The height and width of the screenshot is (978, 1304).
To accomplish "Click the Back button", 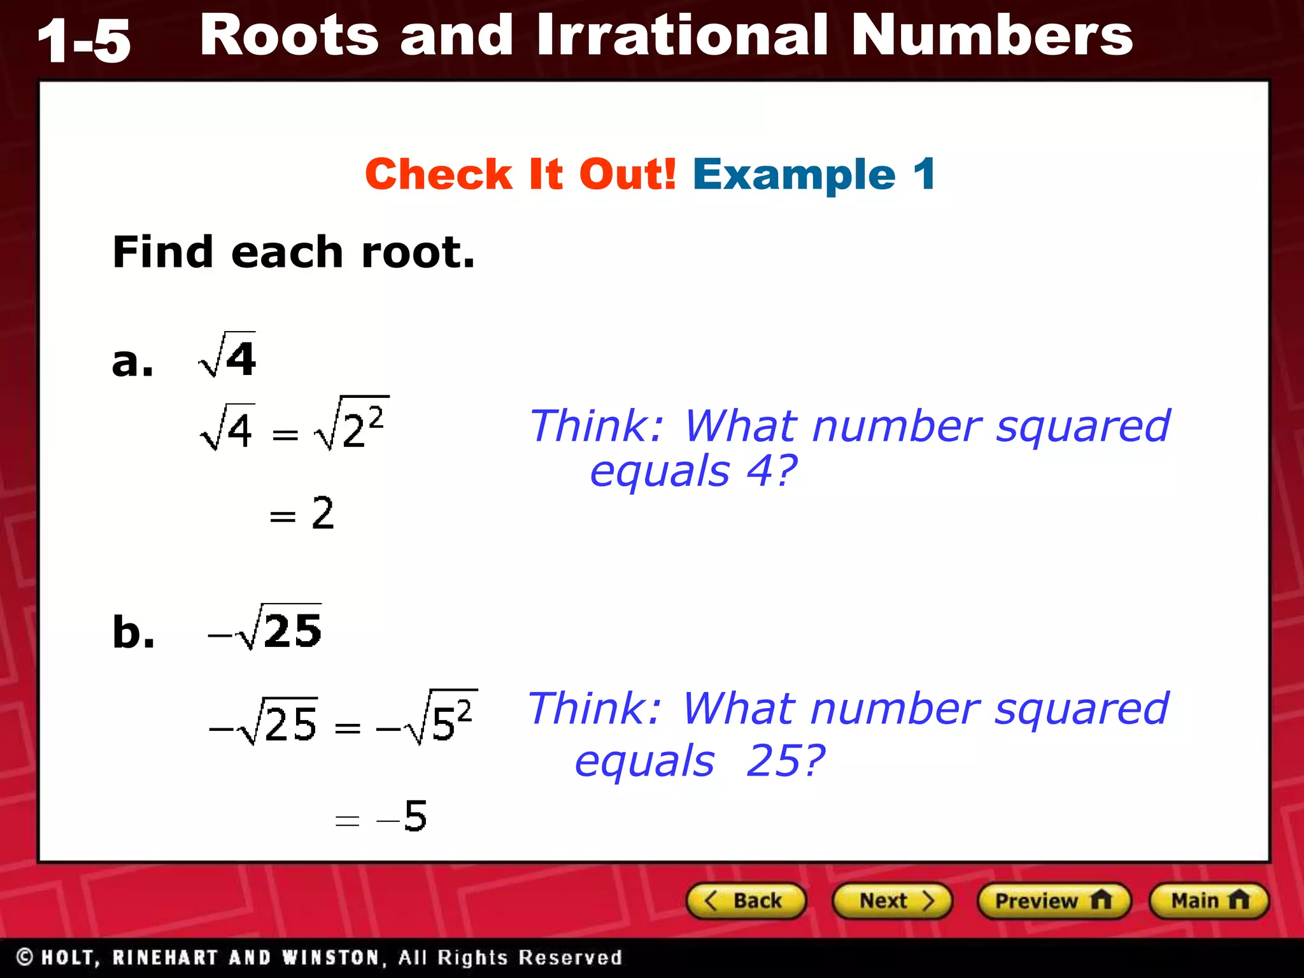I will (x=746, y=901).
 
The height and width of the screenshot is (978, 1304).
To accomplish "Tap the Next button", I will (x=892, y=901).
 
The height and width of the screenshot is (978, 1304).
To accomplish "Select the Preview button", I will (x=1054, y=901).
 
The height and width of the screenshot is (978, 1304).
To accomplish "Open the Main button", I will (x=1208, y=901).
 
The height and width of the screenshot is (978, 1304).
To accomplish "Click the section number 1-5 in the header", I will (x=84, y=42).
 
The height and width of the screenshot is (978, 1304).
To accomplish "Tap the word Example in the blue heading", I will (x=795, y=174).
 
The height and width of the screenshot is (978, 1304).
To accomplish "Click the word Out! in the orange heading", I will (x=627, y=174).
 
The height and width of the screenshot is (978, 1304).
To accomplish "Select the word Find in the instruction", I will (x=162, y=252).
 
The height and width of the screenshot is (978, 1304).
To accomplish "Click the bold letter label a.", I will (x=132, y=362).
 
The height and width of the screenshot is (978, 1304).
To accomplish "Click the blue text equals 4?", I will (x=693, y=472).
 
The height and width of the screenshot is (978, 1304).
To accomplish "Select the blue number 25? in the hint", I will (x=785, y=761).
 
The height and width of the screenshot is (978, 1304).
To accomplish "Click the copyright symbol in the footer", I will (x=25, y=957).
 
